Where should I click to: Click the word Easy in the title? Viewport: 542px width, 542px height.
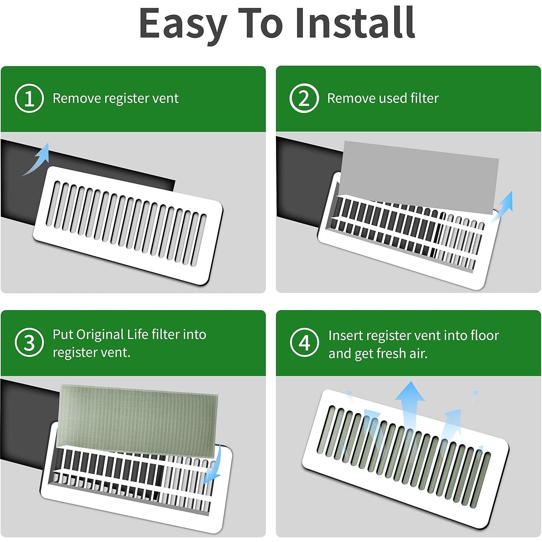coord(183,24)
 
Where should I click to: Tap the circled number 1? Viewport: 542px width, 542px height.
coord(29,98)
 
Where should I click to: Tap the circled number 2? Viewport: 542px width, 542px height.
coord(304,98)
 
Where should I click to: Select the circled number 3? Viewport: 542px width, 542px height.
coord(29,343)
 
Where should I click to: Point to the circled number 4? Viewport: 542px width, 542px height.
coord(304,343)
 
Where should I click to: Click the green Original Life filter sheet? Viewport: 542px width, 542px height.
coord(139,416)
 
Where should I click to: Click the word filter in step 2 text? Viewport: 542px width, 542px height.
coord(424,98)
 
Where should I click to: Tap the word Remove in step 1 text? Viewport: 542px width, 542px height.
coord(76,98)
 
